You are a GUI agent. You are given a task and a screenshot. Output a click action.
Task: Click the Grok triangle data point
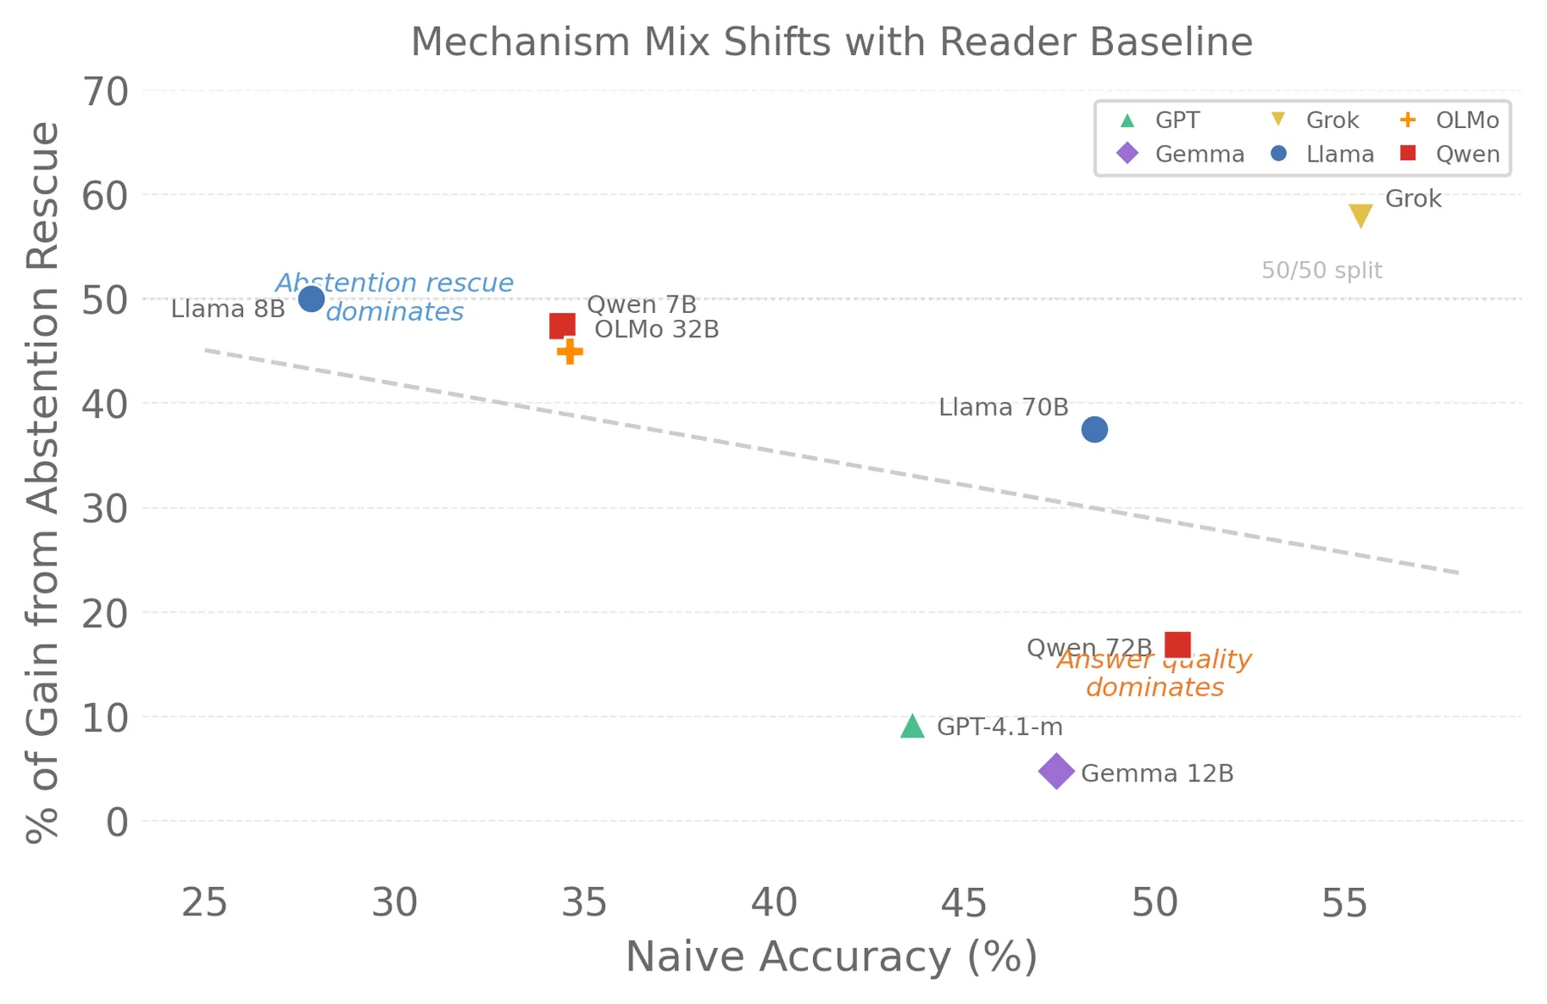coord(1361,215)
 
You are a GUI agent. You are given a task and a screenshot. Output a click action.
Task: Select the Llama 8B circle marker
coord(311,299)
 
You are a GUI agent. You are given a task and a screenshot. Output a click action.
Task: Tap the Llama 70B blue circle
coord(1094,429)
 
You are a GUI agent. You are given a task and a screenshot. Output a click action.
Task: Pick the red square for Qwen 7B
coord(562,326)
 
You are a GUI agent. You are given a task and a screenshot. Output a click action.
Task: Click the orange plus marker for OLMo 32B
coord(570,351)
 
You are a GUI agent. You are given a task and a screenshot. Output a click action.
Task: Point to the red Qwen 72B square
coord(1177,644)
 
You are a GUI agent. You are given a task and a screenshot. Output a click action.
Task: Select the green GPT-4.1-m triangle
coord(913,726)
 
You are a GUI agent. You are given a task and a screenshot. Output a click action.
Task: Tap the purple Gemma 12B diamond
coord(1056,771)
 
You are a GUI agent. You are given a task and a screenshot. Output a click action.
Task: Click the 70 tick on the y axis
coord(106,91)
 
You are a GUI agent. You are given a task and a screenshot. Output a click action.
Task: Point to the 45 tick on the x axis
coord(964,903)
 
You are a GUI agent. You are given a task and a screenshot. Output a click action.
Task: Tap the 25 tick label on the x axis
coord(205,903)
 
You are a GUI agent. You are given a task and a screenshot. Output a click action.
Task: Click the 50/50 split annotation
coord(1322,271)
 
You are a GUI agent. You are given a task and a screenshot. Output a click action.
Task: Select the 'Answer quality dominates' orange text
coord(1154,673)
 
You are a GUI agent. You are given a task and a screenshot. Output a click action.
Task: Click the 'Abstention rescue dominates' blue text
coord(394,297)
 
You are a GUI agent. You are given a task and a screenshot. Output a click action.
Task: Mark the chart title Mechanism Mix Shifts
coord(831,41)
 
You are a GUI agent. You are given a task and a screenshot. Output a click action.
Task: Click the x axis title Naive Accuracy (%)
coord(831,957)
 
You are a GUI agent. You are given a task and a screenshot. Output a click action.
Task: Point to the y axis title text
coord(43,481)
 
